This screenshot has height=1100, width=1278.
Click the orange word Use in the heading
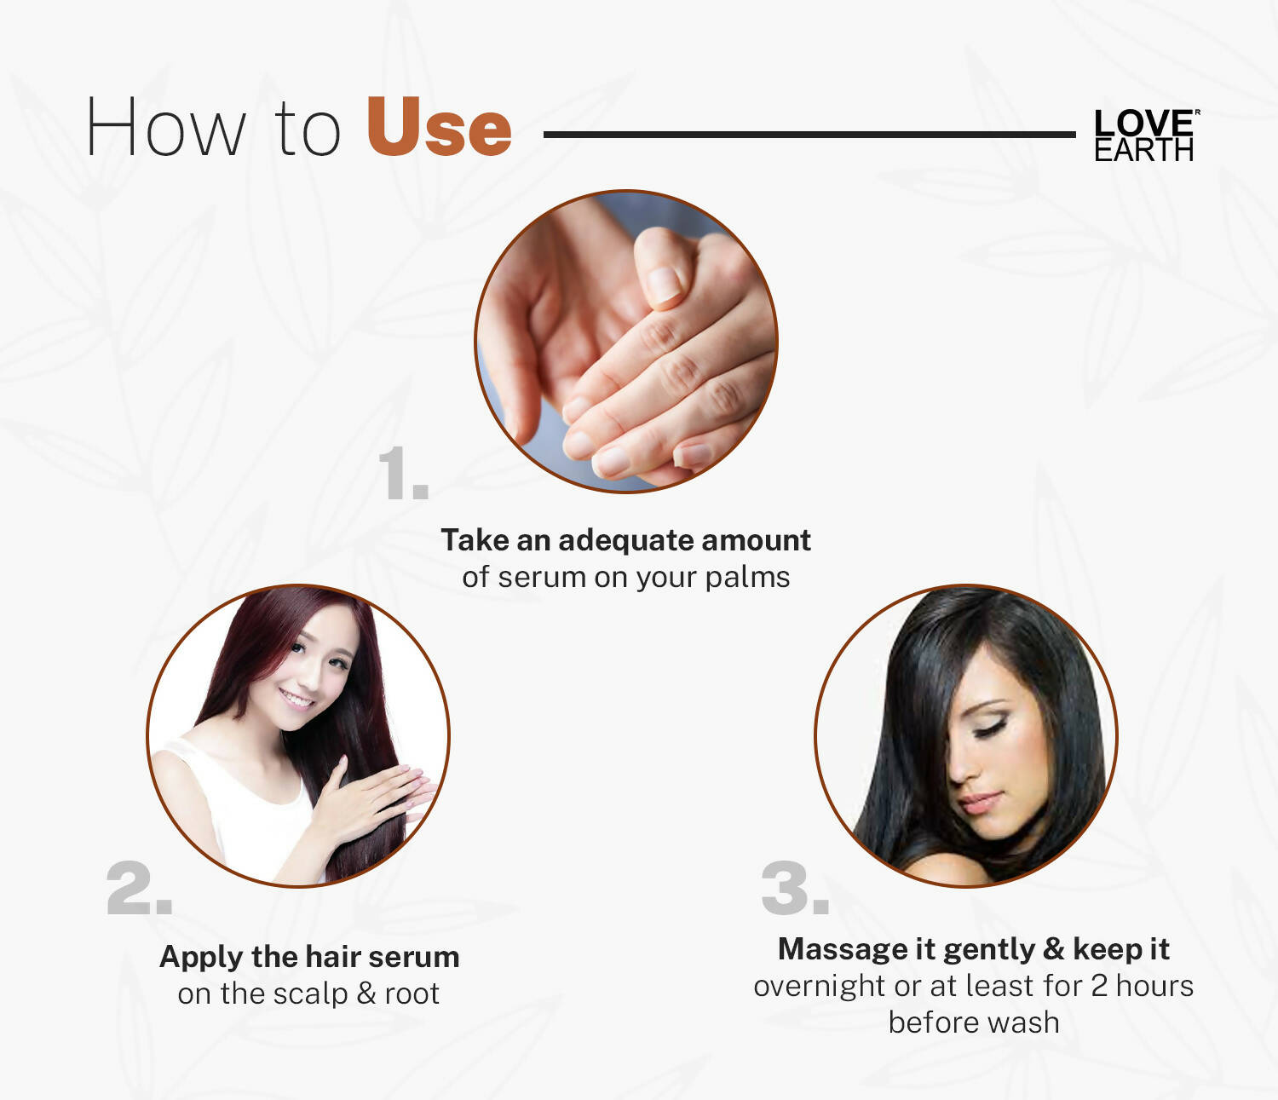(x=439, y=128)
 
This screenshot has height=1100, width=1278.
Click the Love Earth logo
(x=1144, y=135)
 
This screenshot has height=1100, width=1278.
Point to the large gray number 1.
(x=401, y=474)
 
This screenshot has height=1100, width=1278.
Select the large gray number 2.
(x=139, y=889)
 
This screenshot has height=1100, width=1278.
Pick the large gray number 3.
(x=794, y=889)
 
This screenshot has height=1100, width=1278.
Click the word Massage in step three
(x=843, y=949)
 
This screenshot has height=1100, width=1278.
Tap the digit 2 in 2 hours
(x=1098, y=986)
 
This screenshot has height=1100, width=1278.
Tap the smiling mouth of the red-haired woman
(x=297, y=700)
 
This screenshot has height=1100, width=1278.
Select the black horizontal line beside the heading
(x=809, y=135)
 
